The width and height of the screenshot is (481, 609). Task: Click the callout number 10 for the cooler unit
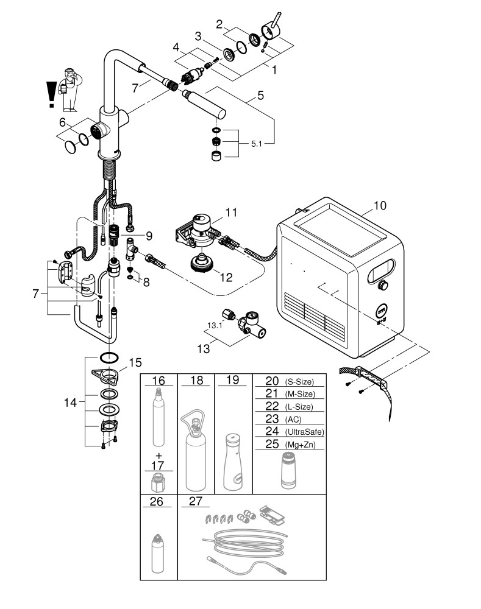[379, 206]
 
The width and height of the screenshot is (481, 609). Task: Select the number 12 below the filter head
[227, 278]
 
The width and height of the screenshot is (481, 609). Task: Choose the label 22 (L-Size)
[271, 407]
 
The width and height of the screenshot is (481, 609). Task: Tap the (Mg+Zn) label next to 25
[299, 445]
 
